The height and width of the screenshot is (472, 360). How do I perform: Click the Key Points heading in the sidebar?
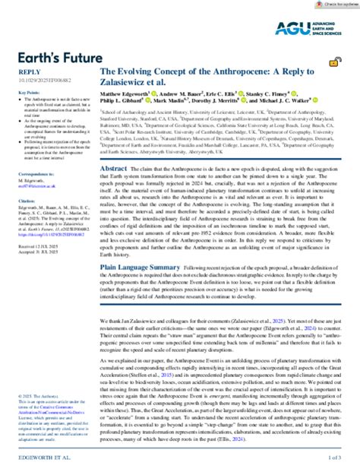click(x=27, y=91)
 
